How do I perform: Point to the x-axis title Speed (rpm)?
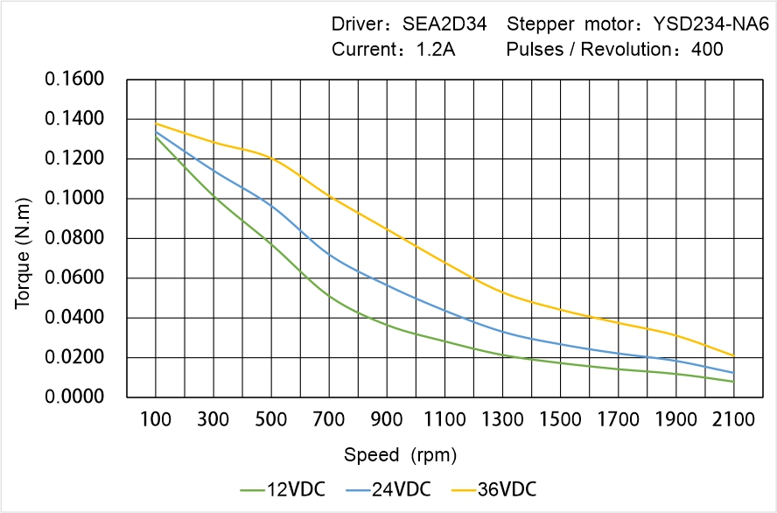click(400, 455)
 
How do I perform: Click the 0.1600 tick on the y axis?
click(74, 80)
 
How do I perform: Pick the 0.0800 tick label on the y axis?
click(74, 238)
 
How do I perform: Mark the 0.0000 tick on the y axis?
click(74, 397)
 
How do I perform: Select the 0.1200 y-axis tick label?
click(74, 159)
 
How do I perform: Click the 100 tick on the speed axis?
click(156, 420)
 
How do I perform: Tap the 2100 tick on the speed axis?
click(733, 420)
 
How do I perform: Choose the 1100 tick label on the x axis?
click(444, 420)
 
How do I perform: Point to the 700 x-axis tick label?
click(329, 420)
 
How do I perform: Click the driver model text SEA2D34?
click(444, 25)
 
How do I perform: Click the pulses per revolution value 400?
click(707, 50)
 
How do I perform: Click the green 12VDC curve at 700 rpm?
click(329, 296)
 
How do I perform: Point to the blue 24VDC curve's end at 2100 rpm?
click(733, 373)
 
